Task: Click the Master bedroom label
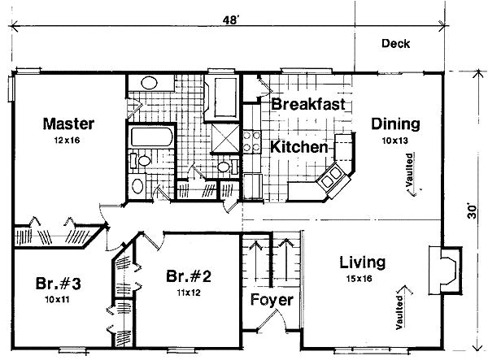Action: [68, 124]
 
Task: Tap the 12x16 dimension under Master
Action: [67, 141]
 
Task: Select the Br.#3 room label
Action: [59, 284]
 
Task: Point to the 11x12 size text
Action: [189, 293]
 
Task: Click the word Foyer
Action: [272, 301]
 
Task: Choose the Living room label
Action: [362, 262]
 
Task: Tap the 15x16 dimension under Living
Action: [359, 279]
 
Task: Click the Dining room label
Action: [395, 124]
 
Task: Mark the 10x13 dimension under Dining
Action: [394, 141]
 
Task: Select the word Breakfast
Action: [308, 104]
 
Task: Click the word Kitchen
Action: [299, 147]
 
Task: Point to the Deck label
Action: [395, 44]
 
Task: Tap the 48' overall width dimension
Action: [231, 20]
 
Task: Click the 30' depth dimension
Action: [472, 211]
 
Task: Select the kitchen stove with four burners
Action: [252, 141]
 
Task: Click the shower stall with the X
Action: [226, 138]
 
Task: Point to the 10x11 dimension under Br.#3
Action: [57, 300]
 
